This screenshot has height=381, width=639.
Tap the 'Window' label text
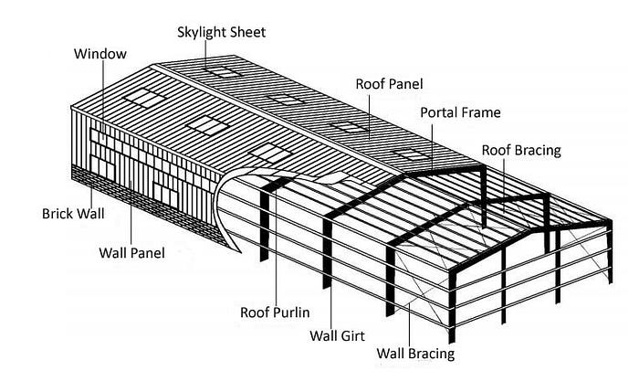click(100, 54)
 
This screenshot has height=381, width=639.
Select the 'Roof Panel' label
click(391, 84)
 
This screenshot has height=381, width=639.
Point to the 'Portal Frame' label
click(460, 112)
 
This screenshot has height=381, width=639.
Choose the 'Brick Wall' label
click(73, 214)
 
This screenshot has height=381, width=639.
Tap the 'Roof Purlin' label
click(277, 312)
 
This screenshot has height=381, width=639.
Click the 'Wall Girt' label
click(338, 335)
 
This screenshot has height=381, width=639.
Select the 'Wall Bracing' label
click(415, 353)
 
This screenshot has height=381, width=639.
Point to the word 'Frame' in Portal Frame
click(482, 112)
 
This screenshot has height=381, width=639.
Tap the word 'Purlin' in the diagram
click(294, 312)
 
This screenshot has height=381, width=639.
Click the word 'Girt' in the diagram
click(352, 335)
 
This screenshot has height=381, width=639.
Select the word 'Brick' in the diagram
click(58, 214)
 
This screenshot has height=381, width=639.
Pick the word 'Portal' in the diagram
click(439, 112)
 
